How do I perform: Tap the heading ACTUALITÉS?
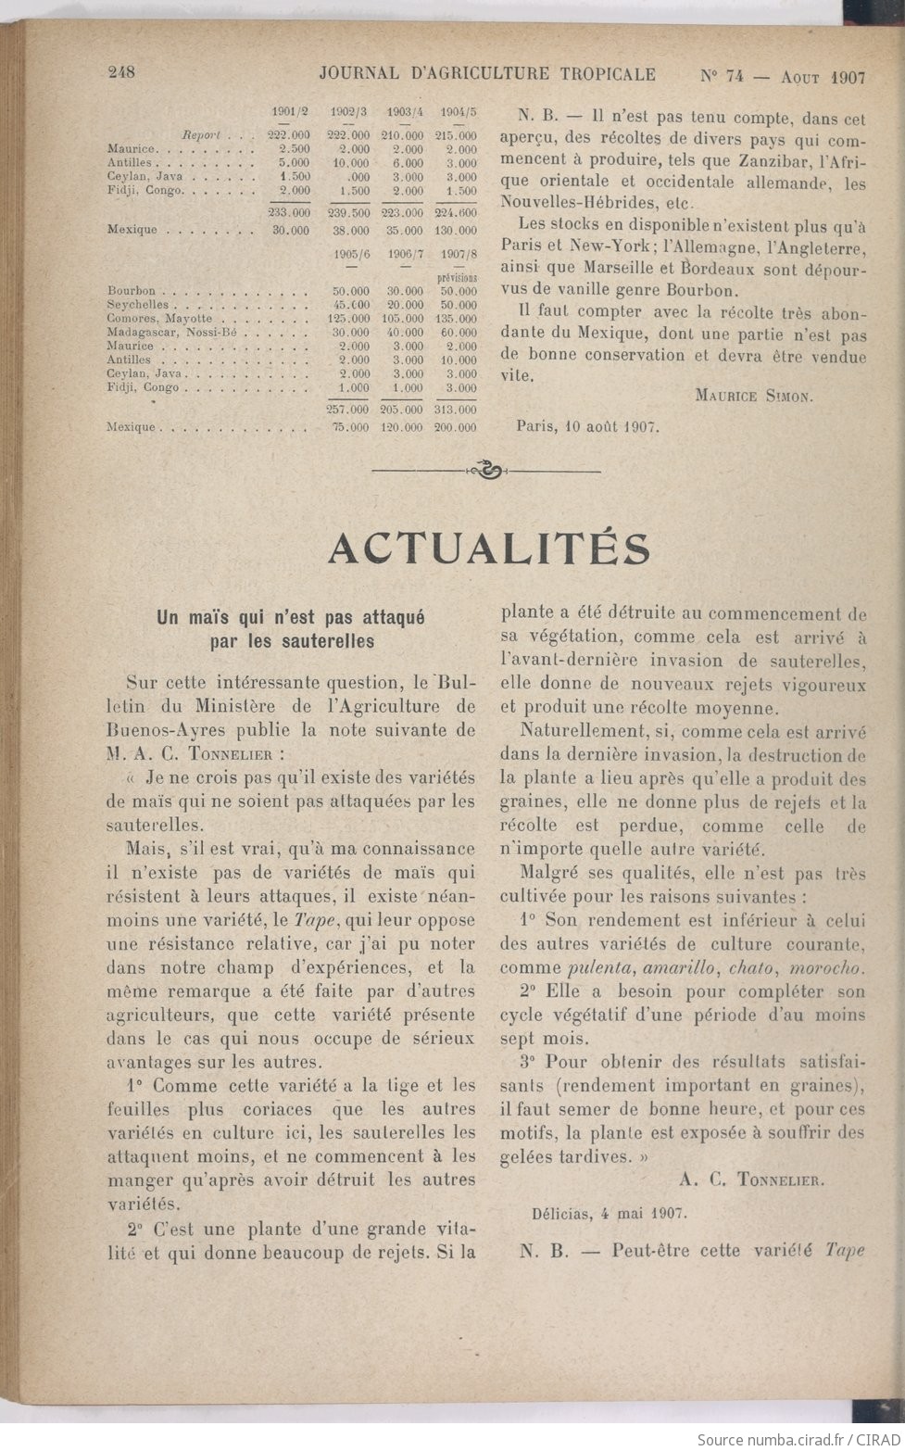pyautogui.click(x=489, y=549)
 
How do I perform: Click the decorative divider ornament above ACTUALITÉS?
pyautogui.click(x=485, y=471)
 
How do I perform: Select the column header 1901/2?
pyautogui.click(x=291, y=112)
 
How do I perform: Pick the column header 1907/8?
pyautogui.click(x=459, y=255)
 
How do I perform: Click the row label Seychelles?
pyautogui.click(x=138, y=304)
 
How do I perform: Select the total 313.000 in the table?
pyautogui.click(x=459, y=409)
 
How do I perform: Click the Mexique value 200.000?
pyautogui.click(x=459, y=428)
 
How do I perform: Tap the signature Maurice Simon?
pyautogui.click(x=753, y=396)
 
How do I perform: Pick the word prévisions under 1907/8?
pyautogui.click(x=459, y=276)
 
